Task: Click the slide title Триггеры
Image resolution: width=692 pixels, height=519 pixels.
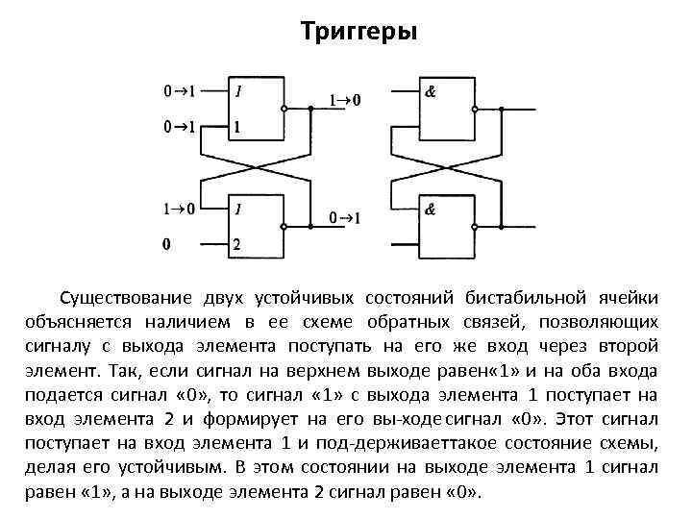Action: point(358,34)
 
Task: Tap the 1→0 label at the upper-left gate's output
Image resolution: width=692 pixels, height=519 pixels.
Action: point(346,100)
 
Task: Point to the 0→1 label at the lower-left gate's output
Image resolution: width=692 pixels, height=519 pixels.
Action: point(345,219)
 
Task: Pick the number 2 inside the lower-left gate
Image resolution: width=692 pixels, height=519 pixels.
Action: point(237,243)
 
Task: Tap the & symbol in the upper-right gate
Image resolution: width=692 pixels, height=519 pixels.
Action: point(431,92)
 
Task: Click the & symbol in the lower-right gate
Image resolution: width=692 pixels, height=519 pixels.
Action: point(431,210)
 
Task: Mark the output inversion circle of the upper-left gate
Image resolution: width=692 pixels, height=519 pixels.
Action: point(285,108)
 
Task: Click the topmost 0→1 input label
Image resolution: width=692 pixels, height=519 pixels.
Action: point(179,92)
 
